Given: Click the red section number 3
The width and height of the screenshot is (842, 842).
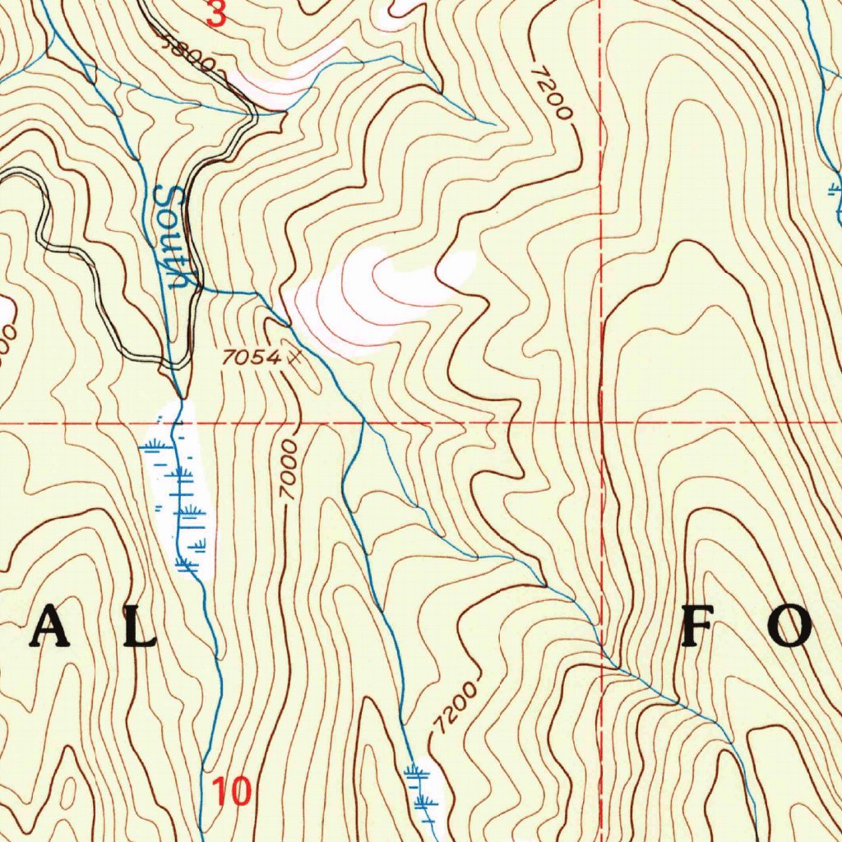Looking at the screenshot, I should (215, 14).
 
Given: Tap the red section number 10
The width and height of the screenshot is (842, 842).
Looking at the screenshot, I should (230, 792).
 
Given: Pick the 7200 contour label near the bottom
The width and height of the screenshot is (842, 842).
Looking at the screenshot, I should (454, 706).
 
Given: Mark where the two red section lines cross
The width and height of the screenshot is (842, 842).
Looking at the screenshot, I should (602, 423).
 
